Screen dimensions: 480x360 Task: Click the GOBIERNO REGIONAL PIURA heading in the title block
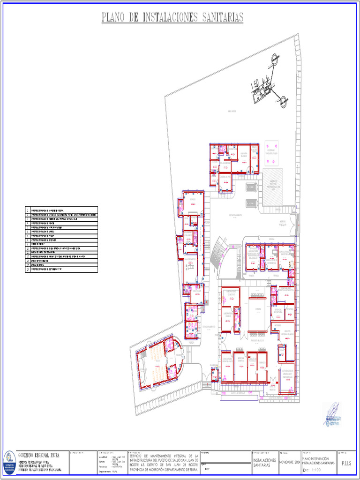click(x=39, y=455)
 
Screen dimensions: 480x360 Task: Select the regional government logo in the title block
click(x=9, y=461)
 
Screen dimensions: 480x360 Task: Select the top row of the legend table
click(x=61, y=210)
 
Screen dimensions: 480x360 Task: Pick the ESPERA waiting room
click(x=257, y=309)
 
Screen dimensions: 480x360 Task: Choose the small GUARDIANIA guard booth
click(x=214, y=375)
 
